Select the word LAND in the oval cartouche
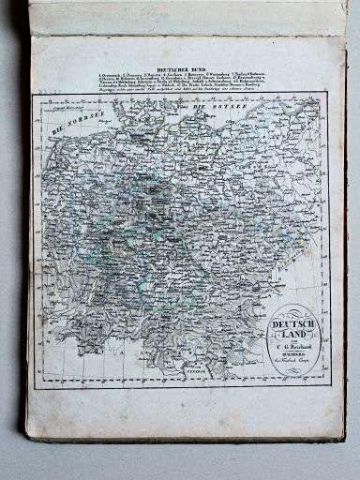tap(294, 337)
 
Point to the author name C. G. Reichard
tap(295, 352)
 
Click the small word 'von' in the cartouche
tap(294, 345)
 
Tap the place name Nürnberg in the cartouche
tap(295, 360)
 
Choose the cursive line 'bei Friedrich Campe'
tap(296, 368)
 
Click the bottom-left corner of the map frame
tap(36, 388)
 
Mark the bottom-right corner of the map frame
tap(331, 384)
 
